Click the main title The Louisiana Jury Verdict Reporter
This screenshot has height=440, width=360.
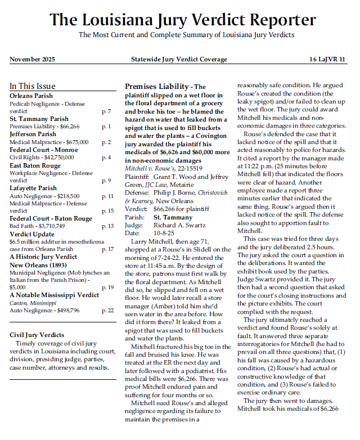(x=183, y=20)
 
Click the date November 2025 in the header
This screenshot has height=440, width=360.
(x=32, y=59)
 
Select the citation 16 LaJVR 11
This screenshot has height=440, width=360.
(x=327, y=59)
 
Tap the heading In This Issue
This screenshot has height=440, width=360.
(x=33, y=87)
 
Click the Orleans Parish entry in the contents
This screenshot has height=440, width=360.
(x=31, y=96)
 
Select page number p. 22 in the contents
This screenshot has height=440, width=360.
(x=107, y=310)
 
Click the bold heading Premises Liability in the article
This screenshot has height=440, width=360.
(x=156, y=87)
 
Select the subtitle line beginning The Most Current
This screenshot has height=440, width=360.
(x=186, y=35)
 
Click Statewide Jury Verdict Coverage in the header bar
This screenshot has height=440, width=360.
(x=179, y=59)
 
